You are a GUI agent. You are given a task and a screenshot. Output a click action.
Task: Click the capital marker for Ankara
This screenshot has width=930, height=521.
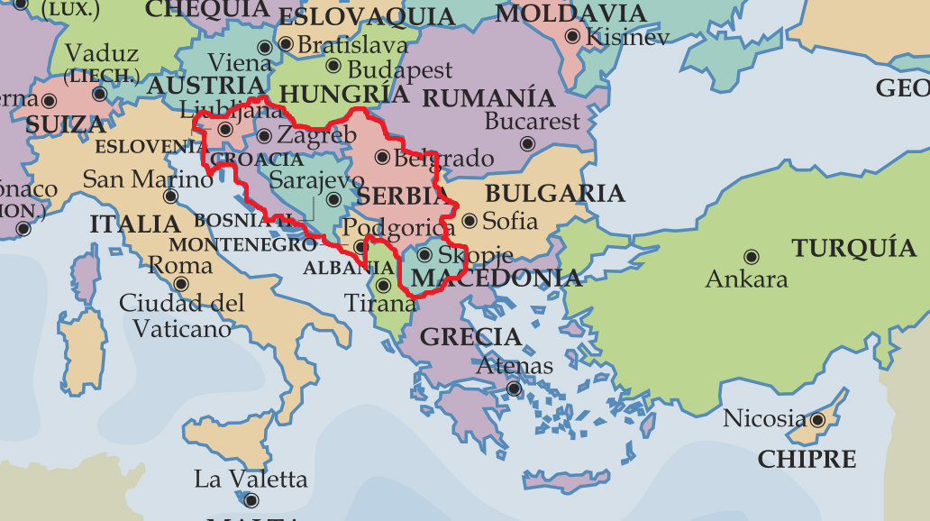point(751,257)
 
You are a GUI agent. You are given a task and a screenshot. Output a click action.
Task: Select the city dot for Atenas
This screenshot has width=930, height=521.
point(514,389)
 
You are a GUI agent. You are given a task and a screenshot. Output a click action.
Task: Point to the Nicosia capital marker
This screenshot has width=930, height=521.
point(817,419)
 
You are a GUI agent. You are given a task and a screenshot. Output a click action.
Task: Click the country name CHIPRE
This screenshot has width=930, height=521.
point(807,459)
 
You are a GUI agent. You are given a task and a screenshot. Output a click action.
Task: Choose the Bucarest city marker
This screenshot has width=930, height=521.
point(528,143)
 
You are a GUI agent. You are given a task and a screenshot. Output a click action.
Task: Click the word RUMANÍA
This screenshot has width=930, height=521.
point(488,97)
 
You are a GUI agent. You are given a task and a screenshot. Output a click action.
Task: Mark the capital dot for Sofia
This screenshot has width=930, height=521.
point(469,220)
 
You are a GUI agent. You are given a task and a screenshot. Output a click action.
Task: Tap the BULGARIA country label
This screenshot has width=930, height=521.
point(554,193)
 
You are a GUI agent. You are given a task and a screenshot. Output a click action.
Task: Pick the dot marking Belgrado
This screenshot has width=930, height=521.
point(382,158)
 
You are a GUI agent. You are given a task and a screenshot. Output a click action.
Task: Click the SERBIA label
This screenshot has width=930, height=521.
point(402,196)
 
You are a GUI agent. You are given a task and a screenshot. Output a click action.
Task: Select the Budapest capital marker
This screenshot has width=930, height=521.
point(333,66)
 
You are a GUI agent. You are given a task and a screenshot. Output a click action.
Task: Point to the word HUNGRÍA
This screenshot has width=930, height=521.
point(344,94)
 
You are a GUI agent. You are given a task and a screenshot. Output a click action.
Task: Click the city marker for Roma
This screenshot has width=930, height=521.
point(180,284)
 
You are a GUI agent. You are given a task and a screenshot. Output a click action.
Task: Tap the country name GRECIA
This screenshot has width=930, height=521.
point(470,337)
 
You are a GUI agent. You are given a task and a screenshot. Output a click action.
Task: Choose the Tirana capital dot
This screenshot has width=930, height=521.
point(383,286)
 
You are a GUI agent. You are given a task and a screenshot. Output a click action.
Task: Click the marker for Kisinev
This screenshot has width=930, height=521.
point(572,36)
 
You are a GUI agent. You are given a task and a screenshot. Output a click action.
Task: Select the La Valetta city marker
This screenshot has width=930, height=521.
point(251,500)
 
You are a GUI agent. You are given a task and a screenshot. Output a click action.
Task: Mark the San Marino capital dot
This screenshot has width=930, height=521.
point(170,197)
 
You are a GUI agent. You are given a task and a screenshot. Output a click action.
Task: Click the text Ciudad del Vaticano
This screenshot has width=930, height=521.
point(181,315)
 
